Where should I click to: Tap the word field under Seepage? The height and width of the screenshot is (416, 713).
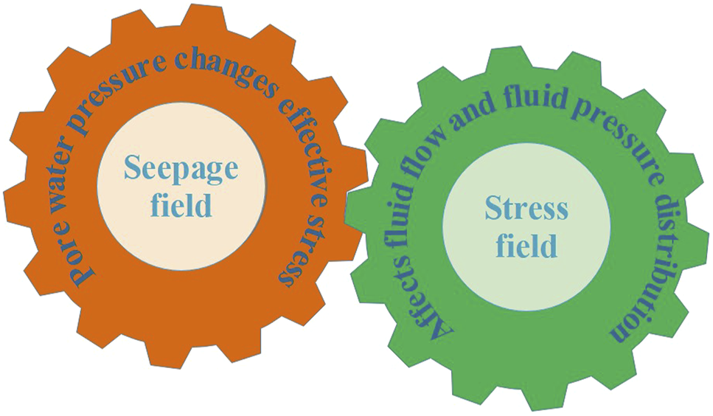point(181,204)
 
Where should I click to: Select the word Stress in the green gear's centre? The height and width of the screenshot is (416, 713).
point(526,209)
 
